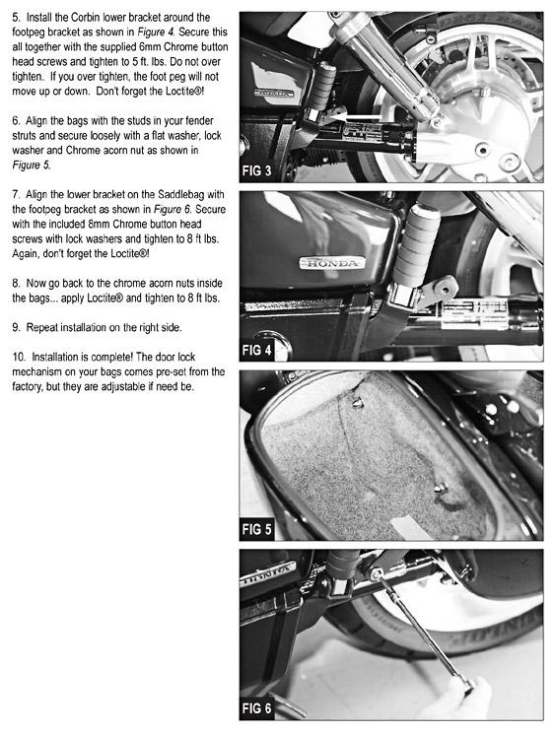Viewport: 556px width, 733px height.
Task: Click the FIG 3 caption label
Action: click(256, 171)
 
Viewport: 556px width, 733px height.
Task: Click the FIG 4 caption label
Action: click(256, 350)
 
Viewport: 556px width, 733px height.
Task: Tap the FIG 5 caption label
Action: click(256, 529)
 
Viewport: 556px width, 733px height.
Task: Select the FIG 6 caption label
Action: click(256, 708)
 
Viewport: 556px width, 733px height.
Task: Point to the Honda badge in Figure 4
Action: click(332, 263)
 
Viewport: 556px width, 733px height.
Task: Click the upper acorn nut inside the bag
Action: click(358, 403)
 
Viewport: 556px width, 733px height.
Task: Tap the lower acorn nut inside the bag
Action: click(441, 488)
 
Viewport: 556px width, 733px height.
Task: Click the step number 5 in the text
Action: click(17, 18)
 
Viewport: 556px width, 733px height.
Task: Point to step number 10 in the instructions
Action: click(19, 358)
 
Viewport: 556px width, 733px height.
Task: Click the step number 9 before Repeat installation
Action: click(17, 328)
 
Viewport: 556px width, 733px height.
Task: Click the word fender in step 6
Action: click(200, 121)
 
